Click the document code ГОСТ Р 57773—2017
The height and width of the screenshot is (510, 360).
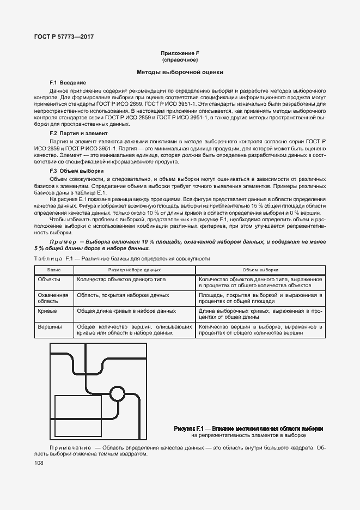[60, 37]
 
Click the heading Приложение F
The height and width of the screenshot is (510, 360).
[179, 53]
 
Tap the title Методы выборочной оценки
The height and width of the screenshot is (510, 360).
[179, 72]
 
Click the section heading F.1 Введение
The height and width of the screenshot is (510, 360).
[68, 82]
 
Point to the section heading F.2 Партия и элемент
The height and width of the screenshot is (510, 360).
[78, 133]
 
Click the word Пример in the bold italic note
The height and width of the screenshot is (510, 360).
[65, 241]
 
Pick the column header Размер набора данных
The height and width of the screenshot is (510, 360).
[134, 270]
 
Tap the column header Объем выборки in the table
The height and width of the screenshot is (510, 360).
[260, 270]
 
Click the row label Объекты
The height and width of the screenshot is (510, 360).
[49, 278]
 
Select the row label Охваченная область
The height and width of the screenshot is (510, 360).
[52, 297]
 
